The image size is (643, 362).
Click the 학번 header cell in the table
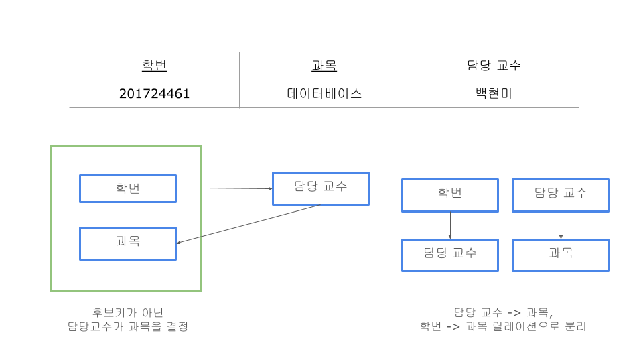[154, 66]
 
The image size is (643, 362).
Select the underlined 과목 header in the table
[324, 66]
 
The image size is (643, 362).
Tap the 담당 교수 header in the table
[494, 66]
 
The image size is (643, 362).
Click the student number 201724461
[154, 94]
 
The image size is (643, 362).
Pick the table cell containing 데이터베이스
[324, 94]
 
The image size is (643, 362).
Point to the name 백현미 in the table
[494, 94]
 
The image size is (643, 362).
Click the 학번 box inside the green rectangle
[128, 188]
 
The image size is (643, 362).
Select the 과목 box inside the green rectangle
[128, 243]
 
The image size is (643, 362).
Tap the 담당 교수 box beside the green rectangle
[321, 188]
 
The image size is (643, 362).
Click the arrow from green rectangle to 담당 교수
[238, 188]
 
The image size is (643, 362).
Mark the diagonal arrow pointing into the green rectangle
[248, 223]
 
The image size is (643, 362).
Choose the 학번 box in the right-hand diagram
[450, 195]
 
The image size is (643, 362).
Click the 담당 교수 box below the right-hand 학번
[450, 255]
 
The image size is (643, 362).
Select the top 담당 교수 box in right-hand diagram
[561, 195]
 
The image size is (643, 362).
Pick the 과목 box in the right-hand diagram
[561, 255]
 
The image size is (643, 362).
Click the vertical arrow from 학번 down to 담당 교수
[450, 225]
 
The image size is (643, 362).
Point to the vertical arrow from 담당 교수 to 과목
[561, 225]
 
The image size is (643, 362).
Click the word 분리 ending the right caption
[576, 326]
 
